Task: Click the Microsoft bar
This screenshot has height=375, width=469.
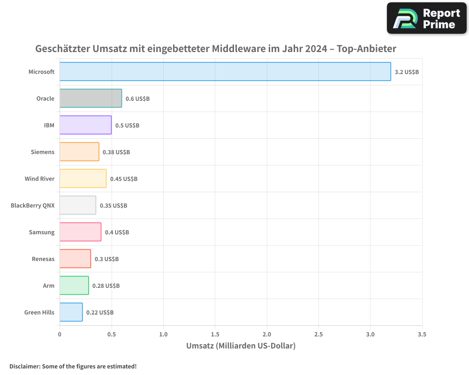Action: [x=225, y=72]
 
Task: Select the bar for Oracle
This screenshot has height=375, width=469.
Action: [x=91, y=98]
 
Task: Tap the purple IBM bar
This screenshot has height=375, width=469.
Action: [x=85, y=125]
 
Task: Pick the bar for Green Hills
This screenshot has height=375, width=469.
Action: [x=71, y=312]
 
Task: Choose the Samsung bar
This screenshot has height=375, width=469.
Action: [x=80, y=232]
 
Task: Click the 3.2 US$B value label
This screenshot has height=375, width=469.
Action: [x=407, y=72]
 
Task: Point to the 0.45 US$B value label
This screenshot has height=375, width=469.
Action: [x=124, y=179]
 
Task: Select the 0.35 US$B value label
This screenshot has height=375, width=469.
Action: [x=113, y=206]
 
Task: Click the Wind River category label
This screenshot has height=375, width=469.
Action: [x=39, y=179]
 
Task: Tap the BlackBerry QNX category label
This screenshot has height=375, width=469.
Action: [x=32, y=205]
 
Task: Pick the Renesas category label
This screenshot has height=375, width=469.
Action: [x=43, y=259]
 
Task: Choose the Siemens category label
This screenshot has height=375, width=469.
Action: [x=43, y=152]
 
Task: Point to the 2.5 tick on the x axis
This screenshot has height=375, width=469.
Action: [x=318, y=334]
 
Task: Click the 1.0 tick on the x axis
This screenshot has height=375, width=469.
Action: [x=163, y=334]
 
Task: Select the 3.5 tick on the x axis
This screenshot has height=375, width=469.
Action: [x=422, y=334]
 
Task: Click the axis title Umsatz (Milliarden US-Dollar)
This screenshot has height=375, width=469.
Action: [x=241, y=346]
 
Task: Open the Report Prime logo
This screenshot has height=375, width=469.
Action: [x=427, y=18]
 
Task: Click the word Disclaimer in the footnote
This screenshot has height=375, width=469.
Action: [x=24, y=366]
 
